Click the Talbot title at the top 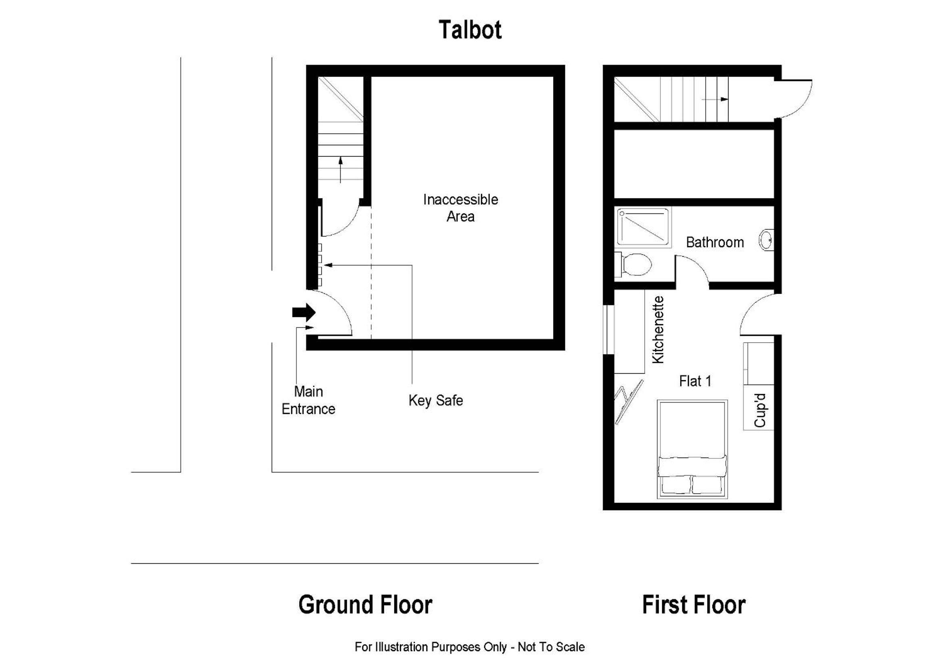click(x=470, y=29)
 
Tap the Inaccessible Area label click(x=460, y=208)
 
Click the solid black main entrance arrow click(x=304, y=312)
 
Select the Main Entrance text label click(x=308, y=400)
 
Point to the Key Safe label click(x=436, y=400)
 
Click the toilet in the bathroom click(x=633, y=264)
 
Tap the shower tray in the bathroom click(x=643, y=227)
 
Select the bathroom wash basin click(x=766, y=240)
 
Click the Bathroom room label click(x=715, y=242)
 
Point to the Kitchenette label click(x=658, y=330)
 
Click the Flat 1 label click(x=695, y=381)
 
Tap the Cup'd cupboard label click(x=760, y=410)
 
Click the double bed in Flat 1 click(x=692, y=449)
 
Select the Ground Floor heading click(x=365, y=604)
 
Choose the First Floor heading click(x=694, y=604)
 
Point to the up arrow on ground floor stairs click(x=341, y=169)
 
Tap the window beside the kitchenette click(x=608, y=329)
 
